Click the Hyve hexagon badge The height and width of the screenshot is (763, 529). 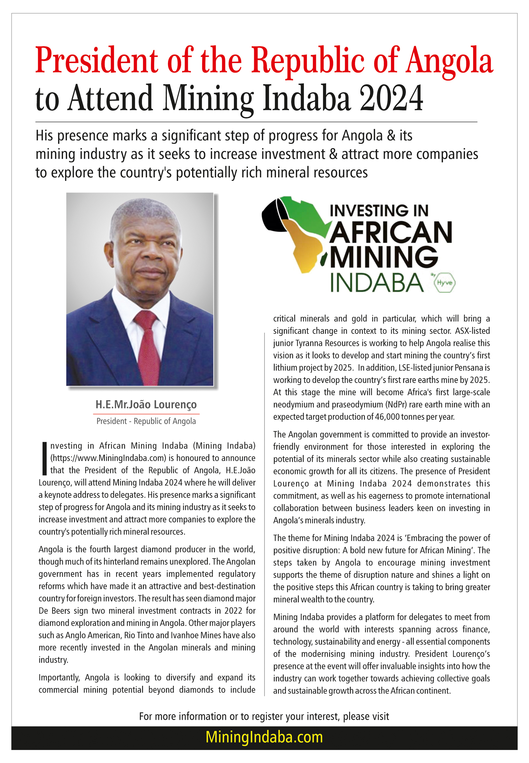(445, 283)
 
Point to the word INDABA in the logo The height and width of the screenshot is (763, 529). (377, 283)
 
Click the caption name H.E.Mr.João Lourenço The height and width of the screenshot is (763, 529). (146, 405)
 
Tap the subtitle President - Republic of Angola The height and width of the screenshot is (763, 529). (146, 421)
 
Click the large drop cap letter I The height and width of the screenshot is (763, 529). (44, 458)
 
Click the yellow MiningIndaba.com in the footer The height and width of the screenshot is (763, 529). (264, 737)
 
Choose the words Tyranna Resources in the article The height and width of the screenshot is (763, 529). (322, 343)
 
